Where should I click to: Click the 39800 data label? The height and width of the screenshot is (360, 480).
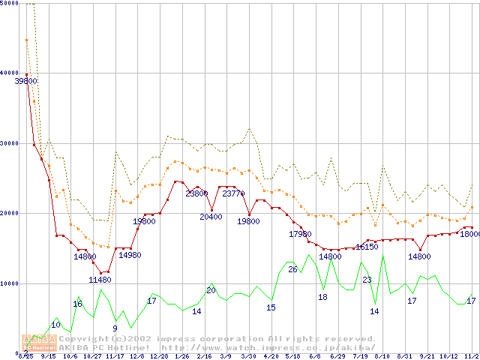pyautogui.click(x=26, y=81)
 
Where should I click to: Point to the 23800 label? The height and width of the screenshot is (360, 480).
pyautogui.click(x=196, y=193)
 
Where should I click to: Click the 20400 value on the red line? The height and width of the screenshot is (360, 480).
pyautogui.click(x=210, y=217)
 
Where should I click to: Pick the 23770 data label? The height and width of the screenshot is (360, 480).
pyautogui.click(x=232, y=193)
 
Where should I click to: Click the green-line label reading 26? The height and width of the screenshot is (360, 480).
pyautogui.click(x=292, y=269)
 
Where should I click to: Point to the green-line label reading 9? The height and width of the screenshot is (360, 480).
pyautogui.click(x=115, y=328)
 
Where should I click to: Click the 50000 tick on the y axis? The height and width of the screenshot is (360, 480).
pyautogui.click(x=9, y=4)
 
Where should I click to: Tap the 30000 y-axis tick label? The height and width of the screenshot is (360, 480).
pyautogui.click(x=9, y=143)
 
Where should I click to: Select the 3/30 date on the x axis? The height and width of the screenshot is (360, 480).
pyautogui.click(x=247, y=356)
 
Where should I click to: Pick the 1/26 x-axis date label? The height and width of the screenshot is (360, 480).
pyautogui.click(x=181, y=356)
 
